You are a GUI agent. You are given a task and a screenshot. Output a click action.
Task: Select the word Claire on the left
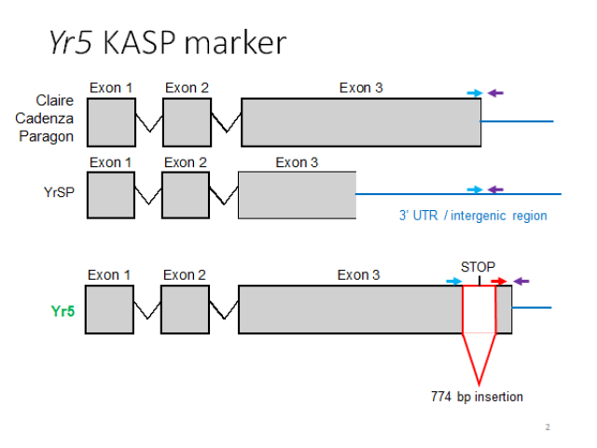[54, 100]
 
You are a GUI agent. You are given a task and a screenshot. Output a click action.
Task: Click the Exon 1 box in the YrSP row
[111, 195]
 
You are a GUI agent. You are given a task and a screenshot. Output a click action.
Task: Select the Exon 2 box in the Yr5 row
[185, 309]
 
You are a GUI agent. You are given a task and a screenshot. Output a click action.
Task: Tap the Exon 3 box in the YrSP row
[298, 195]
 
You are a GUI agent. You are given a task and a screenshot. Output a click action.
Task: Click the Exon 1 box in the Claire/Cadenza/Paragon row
[111, 122]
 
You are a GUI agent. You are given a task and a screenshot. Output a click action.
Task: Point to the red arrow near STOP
[499, 280]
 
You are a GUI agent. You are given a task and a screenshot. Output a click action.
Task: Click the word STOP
[479, 265]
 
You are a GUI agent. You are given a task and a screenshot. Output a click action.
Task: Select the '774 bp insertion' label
[477, 397]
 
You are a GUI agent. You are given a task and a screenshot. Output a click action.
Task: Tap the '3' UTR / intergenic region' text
[473, 216]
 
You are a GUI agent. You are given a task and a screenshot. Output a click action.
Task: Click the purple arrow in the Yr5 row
[521, 280]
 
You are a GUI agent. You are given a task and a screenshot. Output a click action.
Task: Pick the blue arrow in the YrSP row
[475, 189]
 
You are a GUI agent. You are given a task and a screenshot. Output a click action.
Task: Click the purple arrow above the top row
[495, 92]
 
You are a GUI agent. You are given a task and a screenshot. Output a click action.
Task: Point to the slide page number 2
[548, 427]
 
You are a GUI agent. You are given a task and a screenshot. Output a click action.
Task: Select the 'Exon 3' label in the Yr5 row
[359, 275]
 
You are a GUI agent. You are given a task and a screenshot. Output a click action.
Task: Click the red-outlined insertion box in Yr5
[479, 309]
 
